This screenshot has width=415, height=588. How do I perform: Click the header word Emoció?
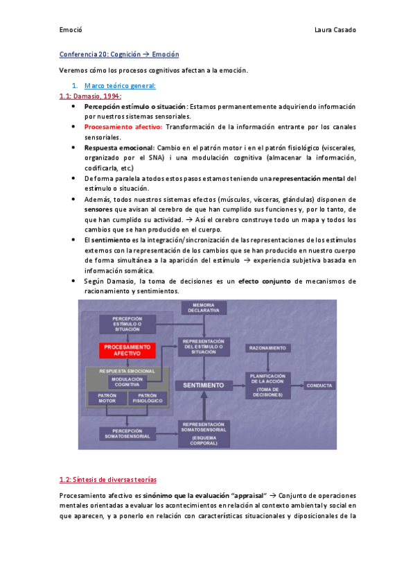[71, 30]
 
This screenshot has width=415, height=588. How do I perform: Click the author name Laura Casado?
[335, 30]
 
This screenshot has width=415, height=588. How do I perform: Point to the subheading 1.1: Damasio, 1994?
[90, 96]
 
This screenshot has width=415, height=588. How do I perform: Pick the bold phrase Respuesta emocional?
[119, 148]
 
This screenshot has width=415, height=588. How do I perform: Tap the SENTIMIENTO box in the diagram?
[203, 385]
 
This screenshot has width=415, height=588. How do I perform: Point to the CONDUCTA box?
[319, 385]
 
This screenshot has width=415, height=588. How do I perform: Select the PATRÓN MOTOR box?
[107, 398]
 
